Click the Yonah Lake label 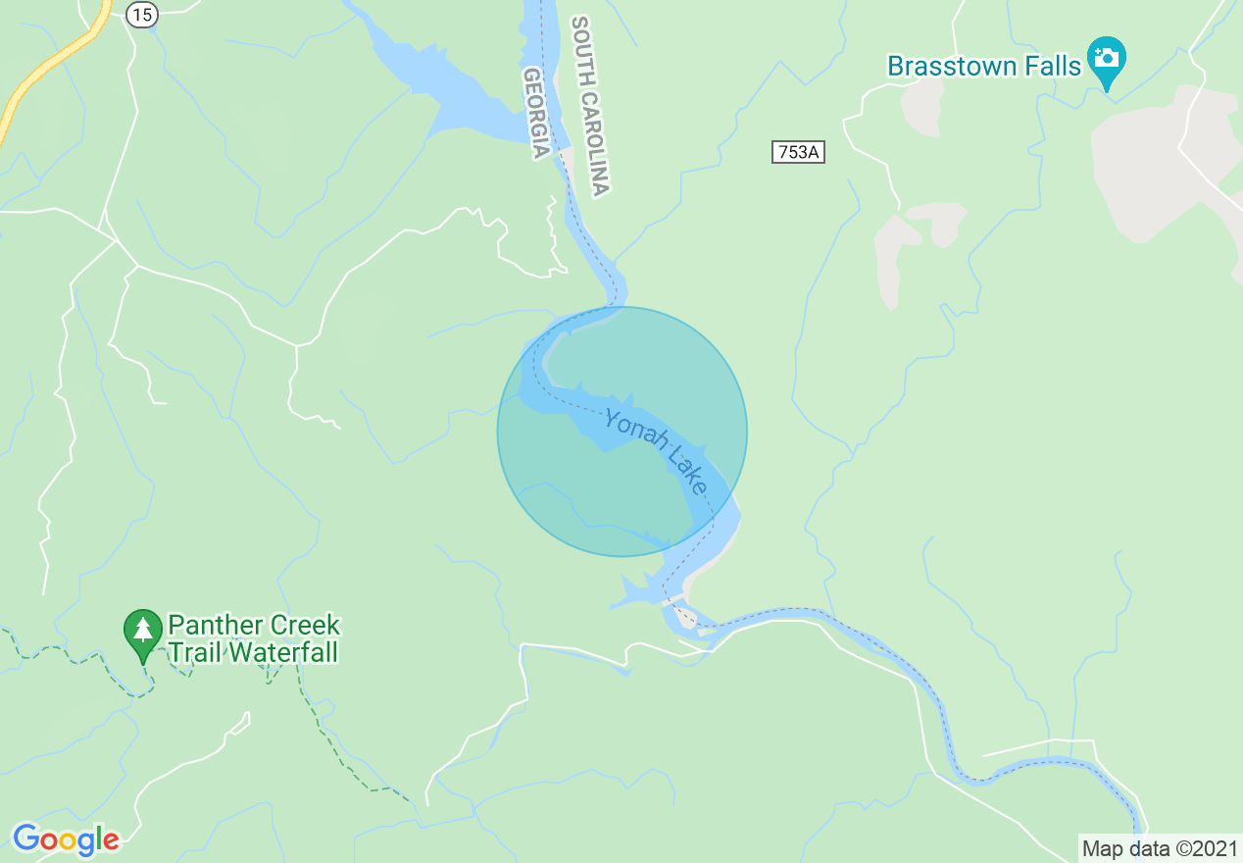pyautogui.click(x=656, y=451)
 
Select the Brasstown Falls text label pyautogui.click(x=983, y=67)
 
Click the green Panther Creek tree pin pyautogui.click(x=143, y=632)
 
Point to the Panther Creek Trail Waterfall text pyautogui.click(x=253, y=638)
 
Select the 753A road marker pyautogui.click(x=798, y=152)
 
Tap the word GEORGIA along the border pyautogui.click(x=535, y=114)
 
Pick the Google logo pyautogui.click(x=66, y=839)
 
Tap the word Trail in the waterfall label pyautogui.click(x=196, y=652)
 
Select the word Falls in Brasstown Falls pyautogui.click(x=1052, y=67)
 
